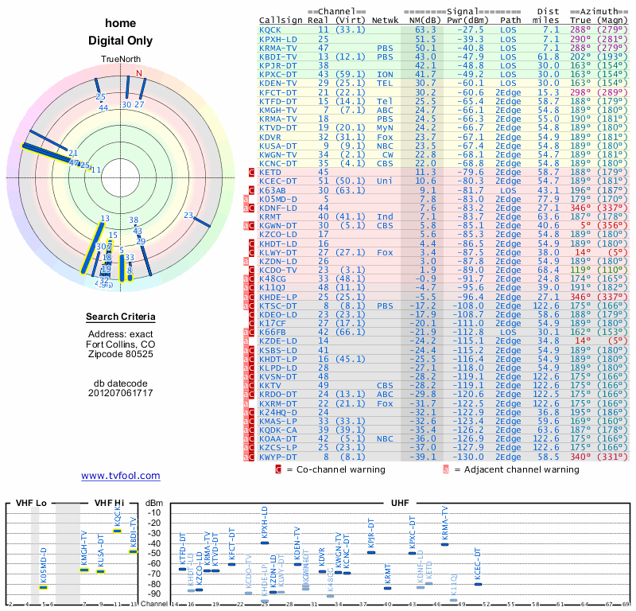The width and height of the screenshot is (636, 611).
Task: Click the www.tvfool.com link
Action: pyautogui.click(x=120, y=476)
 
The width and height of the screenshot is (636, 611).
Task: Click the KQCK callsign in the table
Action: pyautogui.click(x=270, y=29)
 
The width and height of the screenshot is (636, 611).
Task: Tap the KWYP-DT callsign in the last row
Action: pyautogui.click(x=277, y=457)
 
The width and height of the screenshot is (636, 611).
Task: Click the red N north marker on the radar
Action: pyautogui.click(x=140, y=74)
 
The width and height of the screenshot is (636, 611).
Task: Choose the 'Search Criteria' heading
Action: pyautogui.click(x=120, y=317)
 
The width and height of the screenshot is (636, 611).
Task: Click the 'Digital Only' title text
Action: pyautogui.click(x=120, y=41)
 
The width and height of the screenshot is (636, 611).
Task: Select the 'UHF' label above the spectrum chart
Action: pyautogui.click(x=401, y=503)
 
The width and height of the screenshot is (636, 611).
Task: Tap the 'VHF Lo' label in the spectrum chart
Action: pyautogui.click(x=32, y=503)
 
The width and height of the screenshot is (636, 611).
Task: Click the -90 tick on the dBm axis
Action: pyautogui.click(x=153, y=593)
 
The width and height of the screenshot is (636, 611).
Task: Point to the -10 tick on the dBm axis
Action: pyautogui.click(x=153, y=512)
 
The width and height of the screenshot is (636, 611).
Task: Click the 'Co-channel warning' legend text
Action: pyautogui.click(x=335, y=469)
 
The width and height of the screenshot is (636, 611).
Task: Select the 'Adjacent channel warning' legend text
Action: pyautogui.click(x=515, y=469)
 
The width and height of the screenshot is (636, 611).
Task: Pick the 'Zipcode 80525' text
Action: pyautogui.click(x=120, y=355)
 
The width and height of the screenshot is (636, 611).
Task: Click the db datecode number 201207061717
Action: pyautogui.click(x=120, y=393)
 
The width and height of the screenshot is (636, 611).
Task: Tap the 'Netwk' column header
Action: pyautogui.click(x=386, y=19)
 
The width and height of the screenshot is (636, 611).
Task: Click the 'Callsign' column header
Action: pyautogui.click(x=280, y=19)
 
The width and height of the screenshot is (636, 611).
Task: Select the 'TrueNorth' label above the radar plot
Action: pyautogui.click(x=120, y=60)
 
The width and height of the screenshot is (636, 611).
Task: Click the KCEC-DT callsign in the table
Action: pyautogui.click(x=277, y=181)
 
